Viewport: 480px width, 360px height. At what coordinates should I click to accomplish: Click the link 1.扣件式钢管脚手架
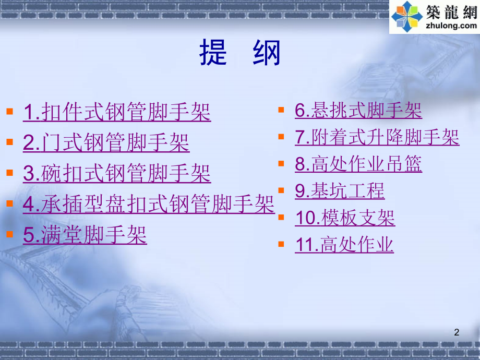click(117, 112)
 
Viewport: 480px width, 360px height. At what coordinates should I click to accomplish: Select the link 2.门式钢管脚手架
click(106, 142)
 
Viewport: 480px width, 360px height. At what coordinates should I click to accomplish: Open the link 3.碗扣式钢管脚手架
click(117, 173)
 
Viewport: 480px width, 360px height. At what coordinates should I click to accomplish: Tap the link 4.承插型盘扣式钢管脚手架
click(149, 204)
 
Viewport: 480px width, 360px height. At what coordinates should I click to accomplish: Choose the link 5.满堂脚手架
click(85, 235)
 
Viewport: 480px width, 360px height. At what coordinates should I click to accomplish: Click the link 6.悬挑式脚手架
click(358, 110)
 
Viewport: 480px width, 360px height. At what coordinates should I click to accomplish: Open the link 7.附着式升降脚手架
click(377, 137)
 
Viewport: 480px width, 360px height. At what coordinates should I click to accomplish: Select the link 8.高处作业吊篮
click(358, 164)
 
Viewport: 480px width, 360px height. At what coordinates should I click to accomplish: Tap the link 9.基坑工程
click(340, 191)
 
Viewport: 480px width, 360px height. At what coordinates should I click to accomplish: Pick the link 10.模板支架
click(345, 218)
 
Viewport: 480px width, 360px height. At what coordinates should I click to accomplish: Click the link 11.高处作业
click(344, 245)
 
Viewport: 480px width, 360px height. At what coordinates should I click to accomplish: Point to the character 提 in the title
click(213, 53)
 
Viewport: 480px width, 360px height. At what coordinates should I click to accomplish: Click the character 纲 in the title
click(266, 53)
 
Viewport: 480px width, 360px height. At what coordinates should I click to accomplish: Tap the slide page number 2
click(457, 332)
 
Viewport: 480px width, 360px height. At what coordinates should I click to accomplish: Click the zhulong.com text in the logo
click(451, 26)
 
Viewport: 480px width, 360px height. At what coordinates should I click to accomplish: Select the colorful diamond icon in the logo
click(407, 17)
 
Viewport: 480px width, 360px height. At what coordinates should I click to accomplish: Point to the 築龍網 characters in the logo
click(452, 12)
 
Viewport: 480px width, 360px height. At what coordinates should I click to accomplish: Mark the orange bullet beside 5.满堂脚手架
click(9, 234)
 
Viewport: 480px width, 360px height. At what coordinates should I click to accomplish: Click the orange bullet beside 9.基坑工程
click(281, 190)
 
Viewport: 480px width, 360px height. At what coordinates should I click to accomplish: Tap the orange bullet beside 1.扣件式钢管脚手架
click(9, 111)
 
